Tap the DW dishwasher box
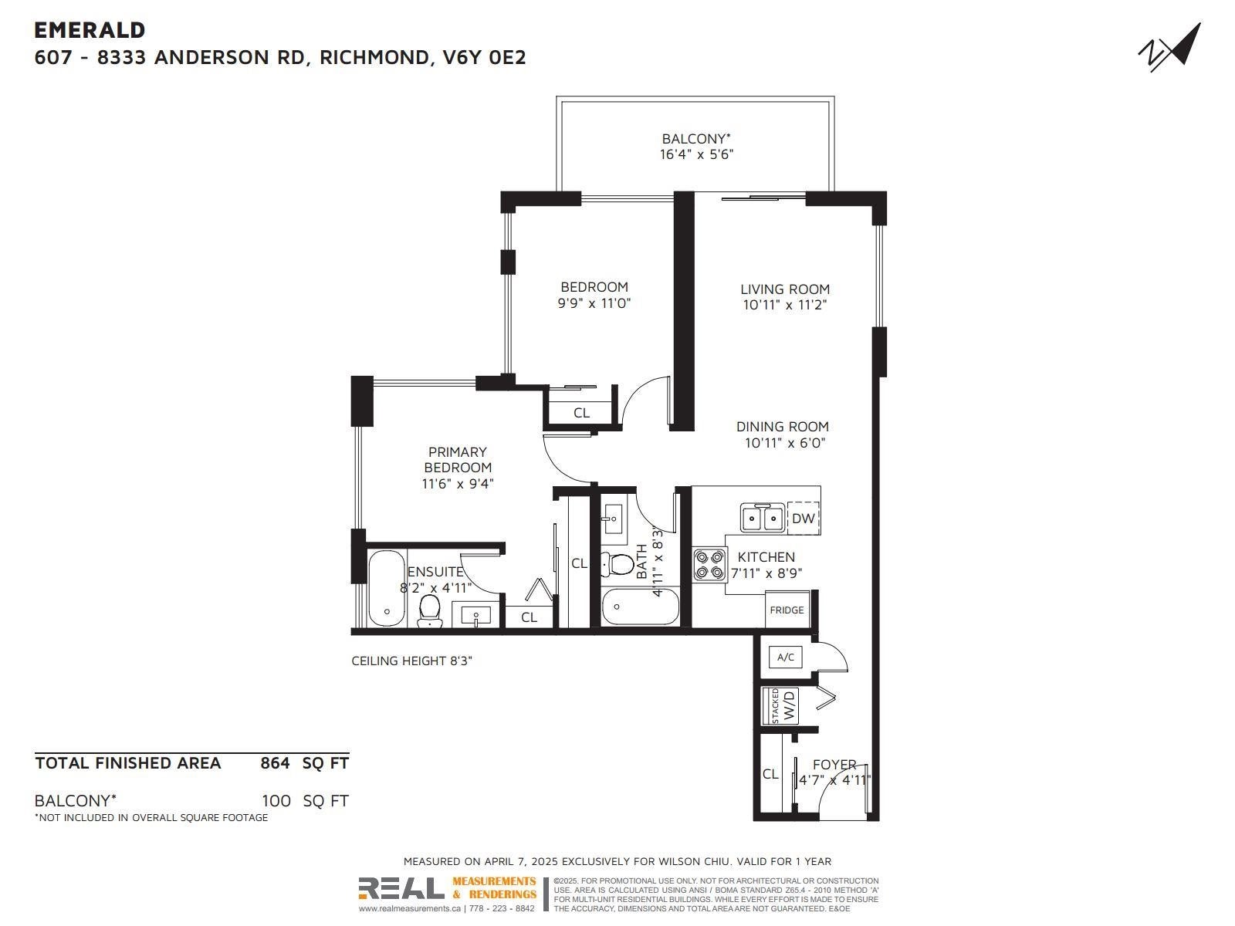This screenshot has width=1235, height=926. tap(803, 518)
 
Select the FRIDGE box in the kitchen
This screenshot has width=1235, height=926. tap(787, 610)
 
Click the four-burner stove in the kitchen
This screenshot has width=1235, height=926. tap(709, 565)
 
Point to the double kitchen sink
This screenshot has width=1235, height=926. tap(762, 517)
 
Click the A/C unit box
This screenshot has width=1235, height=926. tap(786, 657)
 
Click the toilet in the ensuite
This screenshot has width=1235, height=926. tap(431, 610)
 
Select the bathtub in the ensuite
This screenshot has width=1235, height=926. tap(386, 589)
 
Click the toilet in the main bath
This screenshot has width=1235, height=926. tap(617, 565)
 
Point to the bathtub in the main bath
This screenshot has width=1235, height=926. tap(640, 606)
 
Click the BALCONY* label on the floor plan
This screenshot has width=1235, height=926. tap(696, 138)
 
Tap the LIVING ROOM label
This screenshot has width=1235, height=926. tap(785, 289)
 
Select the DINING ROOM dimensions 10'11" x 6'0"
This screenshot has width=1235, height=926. tap(785, 442)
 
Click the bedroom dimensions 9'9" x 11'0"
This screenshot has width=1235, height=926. tap(594, 303)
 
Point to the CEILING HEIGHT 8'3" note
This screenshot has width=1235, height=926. tap(412, 661)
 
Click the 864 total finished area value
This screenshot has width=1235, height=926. tap(275, 763)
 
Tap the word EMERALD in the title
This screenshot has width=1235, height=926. tap(90, 30)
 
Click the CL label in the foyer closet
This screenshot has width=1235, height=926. tap(770, 774)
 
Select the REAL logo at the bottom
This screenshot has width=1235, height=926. tap(401, 888)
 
